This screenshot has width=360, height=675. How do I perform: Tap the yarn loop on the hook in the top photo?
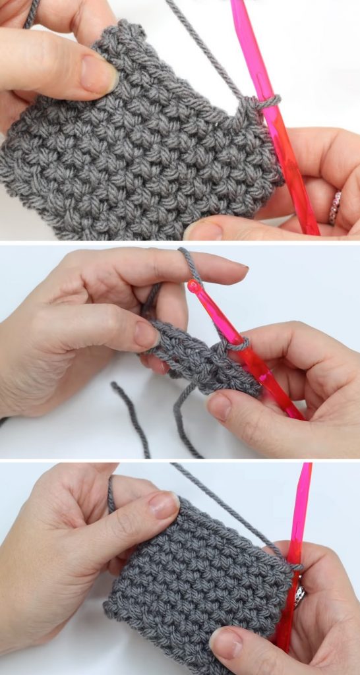click(265, 102)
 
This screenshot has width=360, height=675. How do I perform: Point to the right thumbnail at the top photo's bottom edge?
click(202, 231)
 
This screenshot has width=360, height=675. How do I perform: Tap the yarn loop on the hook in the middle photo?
click(237, 343)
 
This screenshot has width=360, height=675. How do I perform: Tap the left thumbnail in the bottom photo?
click(162, 505)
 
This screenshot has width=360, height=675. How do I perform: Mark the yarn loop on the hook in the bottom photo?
click(293, 566)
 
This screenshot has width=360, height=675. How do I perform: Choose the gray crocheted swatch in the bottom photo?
click(191, 580)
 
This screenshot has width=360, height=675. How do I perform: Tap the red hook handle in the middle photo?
click(277, 389)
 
